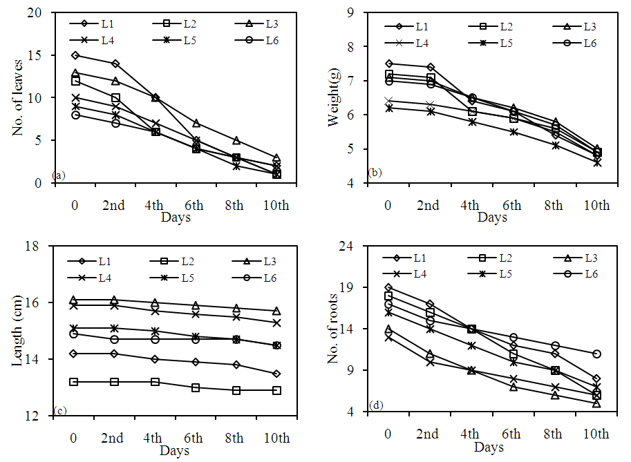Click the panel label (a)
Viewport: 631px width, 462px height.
(x=59, y=175)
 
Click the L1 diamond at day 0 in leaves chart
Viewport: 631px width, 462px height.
(x=75, y=55)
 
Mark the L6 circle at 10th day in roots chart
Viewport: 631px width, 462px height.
(x=596, y=354)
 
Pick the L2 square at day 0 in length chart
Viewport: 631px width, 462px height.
(x=73, y=382)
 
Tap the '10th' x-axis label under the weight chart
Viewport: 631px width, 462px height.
(x=596, y=205)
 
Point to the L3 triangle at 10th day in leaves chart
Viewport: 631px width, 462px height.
(x=276, y=158)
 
